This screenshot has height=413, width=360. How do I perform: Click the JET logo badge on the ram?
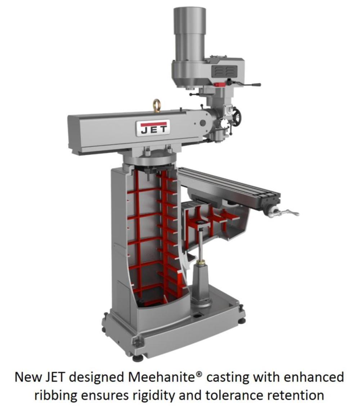pyautogui.click(x=153, y=128)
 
